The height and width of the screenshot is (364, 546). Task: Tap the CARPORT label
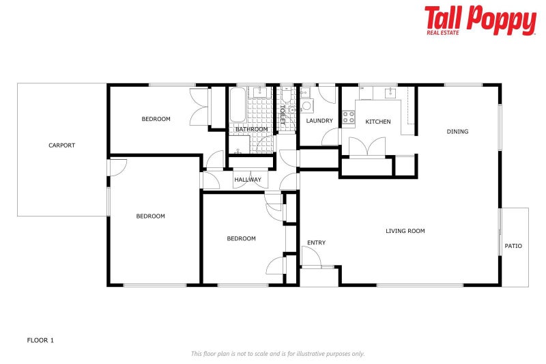point(61,145)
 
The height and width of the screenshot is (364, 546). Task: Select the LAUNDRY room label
point(319,122)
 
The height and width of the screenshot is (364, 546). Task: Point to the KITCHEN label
point(378,122)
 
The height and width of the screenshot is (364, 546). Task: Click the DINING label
point(457,131)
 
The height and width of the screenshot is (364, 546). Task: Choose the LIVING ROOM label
point(405,231)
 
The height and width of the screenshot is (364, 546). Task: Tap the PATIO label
point(513,246)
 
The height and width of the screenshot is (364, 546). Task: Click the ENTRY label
point(316,242)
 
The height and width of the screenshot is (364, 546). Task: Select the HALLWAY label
point(248,180)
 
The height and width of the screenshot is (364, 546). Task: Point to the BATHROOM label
point(251,129)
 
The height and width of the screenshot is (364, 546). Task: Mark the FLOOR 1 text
point(40,339)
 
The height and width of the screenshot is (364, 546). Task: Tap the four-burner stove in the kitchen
point(349,117)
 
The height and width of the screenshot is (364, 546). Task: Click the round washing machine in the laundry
point(306,105)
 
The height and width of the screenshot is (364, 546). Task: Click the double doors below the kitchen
point(367,146)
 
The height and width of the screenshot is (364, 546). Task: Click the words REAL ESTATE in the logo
point(444,31)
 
